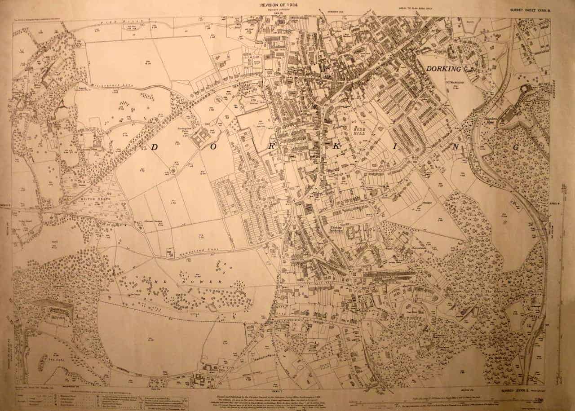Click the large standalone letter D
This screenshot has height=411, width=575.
[154, 148]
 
